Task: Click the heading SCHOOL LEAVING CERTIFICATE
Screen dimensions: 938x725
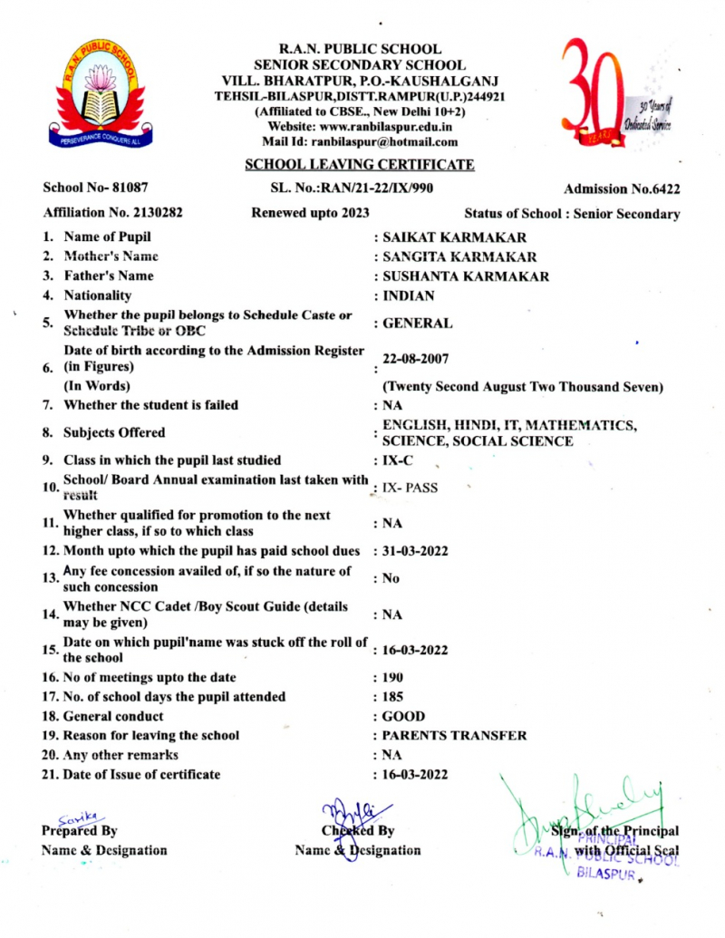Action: [360, 164]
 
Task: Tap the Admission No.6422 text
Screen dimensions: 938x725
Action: [622, 189]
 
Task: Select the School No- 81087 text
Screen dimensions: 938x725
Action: [89, 189]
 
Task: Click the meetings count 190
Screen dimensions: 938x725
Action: [393, 677]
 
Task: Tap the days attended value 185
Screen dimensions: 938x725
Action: [393, 696]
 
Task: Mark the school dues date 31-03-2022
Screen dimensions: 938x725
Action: [415, 551]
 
